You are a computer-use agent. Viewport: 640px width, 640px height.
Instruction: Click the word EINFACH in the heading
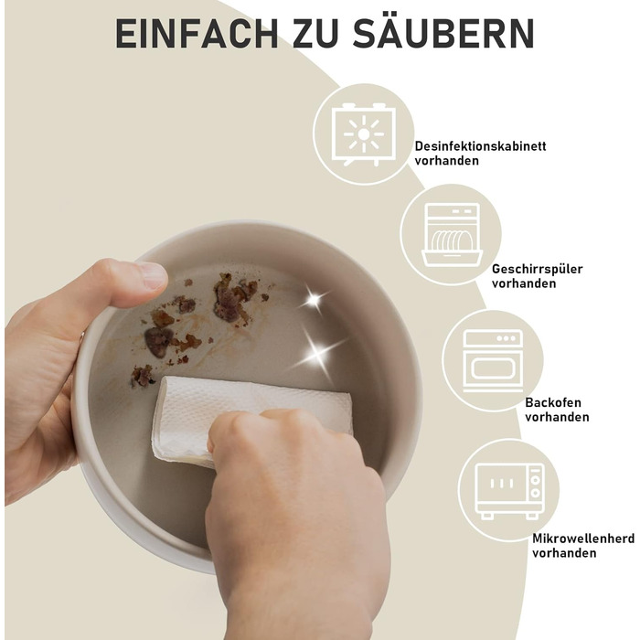[197, 34]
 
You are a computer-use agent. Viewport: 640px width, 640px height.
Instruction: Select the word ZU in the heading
[315, 34]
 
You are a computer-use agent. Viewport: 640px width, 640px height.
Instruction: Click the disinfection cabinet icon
[364, 134]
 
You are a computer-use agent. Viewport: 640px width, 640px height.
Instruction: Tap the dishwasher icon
[452, 235]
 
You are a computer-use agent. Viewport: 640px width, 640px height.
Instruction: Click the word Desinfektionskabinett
[480, 146]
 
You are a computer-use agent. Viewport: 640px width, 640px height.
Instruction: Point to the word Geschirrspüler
[538, 270]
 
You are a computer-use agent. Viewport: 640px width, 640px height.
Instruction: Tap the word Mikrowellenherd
[583, 539]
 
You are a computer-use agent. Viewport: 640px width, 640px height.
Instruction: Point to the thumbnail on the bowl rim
[151, 275]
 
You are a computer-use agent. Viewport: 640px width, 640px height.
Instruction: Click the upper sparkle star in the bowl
[314, 301]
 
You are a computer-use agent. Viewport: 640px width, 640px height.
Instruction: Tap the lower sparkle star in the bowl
[317, 354]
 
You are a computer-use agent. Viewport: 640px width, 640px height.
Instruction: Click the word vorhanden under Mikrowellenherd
[564, 553]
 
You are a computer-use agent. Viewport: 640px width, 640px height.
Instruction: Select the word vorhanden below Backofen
[557, 417]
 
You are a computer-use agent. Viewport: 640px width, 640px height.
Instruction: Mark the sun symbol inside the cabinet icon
[364, 134]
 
